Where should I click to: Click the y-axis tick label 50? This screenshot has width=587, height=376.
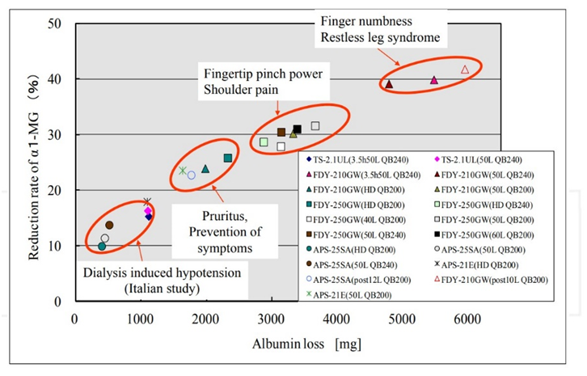click(54, 23)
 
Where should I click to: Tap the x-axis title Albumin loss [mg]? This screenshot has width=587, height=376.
click(306, 344)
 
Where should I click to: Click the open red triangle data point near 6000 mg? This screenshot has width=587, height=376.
click(465, 70)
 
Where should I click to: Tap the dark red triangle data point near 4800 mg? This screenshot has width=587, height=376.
click(389, 84)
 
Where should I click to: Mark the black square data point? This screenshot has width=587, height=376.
click(298, 129)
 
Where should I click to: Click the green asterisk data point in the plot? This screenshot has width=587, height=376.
click(182, 171)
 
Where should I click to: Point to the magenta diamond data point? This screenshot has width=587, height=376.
click(148, 211)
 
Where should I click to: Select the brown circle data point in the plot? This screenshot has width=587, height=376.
click(109, 225)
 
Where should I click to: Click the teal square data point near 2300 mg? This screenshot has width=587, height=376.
click(228, 158)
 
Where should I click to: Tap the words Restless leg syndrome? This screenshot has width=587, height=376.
click(380, 38)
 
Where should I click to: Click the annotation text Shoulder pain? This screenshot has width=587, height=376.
click(241, 90)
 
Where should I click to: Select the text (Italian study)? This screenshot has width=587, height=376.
click(162, 289)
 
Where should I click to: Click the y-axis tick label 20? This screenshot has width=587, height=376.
click(54, 190)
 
